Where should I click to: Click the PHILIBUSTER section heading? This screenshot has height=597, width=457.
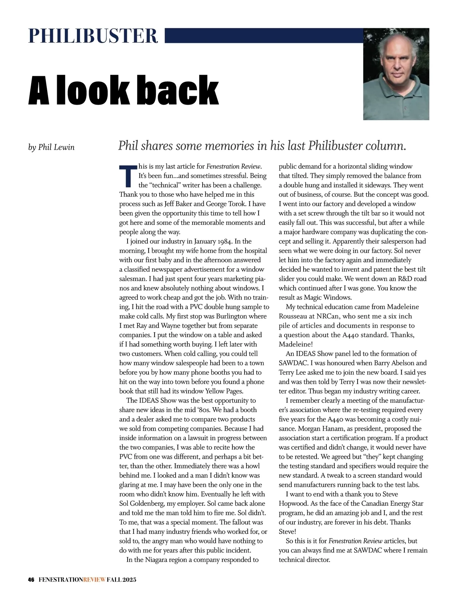[93, 36]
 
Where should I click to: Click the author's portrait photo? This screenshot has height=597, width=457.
[396, 74]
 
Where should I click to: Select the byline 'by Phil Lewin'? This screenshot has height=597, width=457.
[51, 147]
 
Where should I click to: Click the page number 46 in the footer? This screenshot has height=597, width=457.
[31, 580]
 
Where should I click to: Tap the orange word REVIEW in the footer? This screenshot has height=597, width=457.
[94, 580]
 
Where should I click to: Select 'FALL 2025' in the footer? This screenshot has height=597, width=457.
[121, 580]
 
